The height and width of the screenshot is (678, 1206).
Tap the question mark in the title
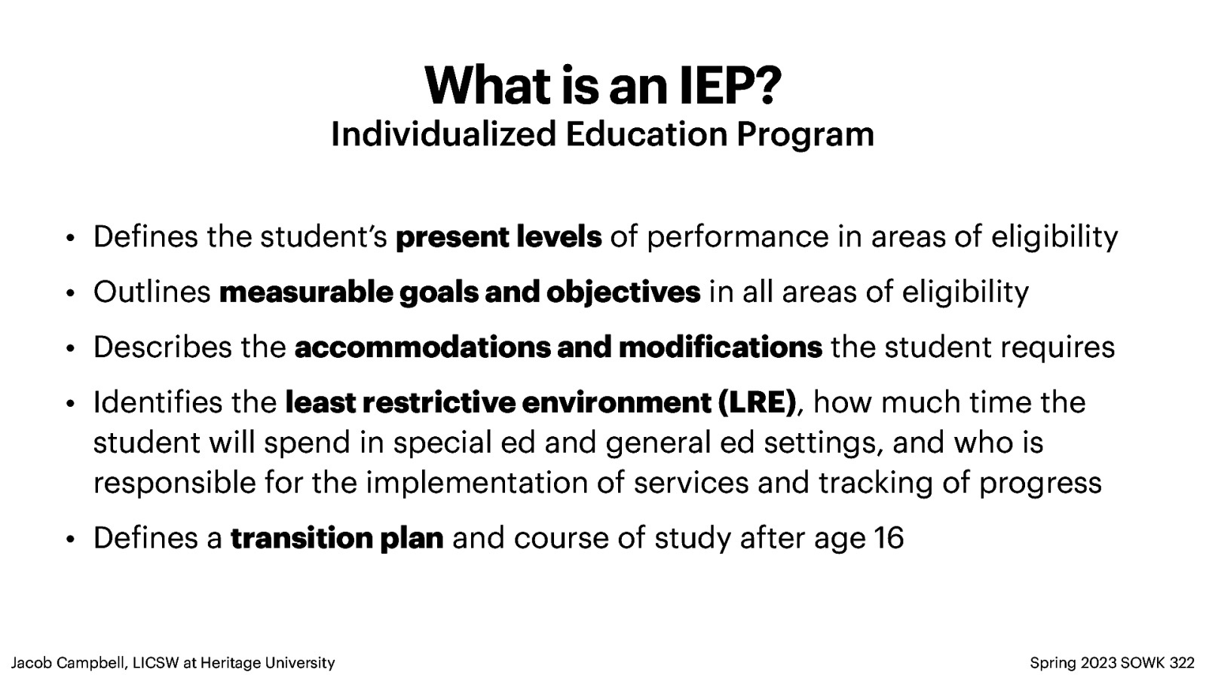tap(767, 86)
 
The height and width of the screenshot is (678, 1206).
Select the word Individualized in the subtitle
tap(443, 134)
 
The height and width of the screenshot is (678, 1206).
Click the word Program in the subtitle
tap(805, 136)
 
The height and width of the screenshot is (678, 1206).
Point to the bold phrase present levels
tap(498, 237)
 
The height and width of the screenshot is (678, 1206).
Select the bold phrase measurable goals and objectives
tap(459, 292)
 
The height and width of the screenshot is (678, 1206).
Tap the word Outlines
tap(152, 292)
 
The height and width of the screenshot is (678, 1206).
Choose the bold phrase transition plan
tap(337, 538)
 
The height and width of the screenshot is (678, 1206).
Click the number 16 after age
tap(889, 538)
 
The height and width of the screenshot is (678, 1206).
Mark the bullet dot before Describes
tap(69, 349)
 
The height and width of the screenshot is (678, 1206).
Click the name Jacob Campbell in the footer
tap(69, 663)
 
